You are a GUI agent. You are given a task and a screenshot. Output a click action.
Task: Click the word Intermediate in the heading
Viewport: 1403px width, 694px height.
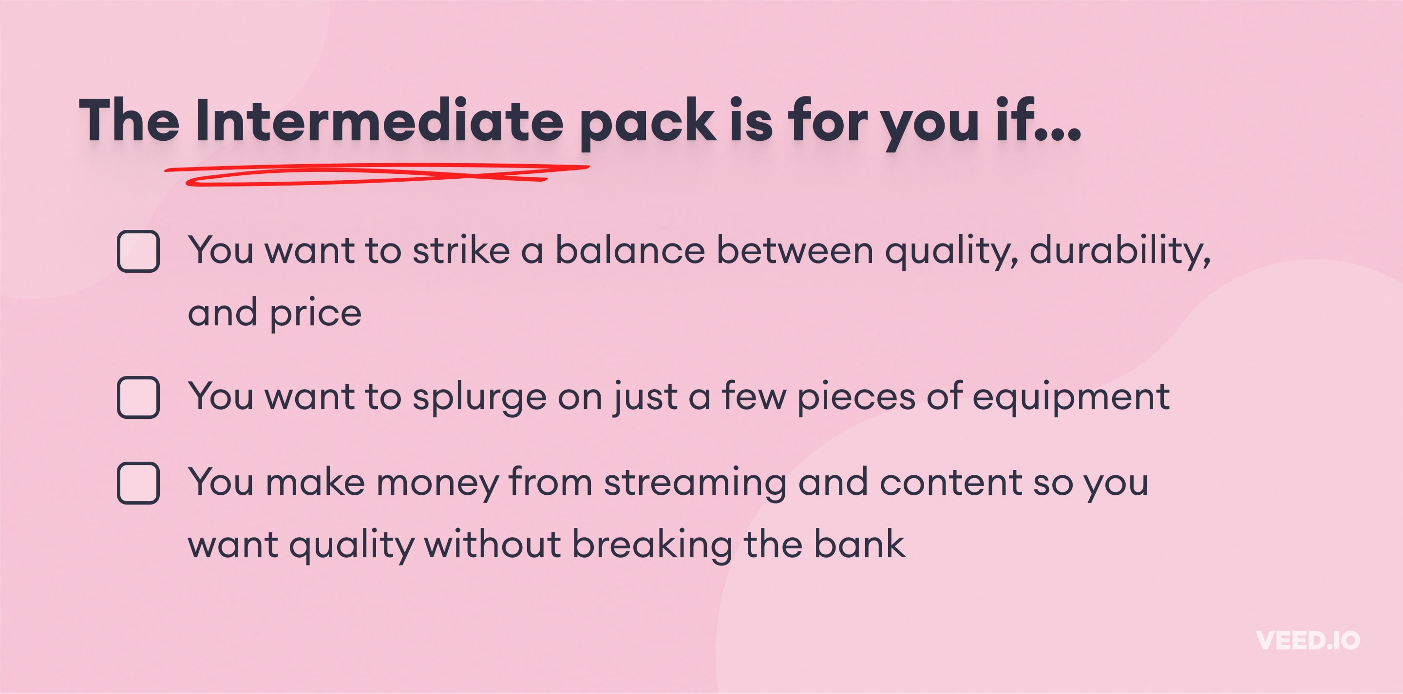[379, 120]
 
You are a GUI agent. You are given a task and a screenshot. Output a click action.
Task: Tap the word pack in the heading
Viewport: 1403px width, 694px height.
[647, 124]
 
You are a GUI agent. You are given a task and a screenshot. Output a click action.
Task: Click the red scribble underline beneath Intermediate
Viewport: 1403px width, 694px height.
[377, 174]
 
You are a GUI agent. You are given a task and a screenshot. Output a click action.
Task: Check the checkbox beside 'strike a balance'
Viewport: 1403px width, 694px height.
[138, 251]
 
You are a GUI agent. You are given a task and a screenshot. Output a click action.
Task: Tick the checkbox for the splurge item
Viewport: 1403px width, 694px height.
[138, 397]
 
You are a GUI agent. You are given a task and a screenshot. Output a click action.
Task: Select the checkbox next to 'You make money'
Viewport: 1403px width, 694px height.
[138, 483]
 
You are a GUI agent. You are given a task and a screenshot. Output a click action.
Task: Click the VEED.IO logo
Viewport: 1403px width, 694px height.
[1308, 640]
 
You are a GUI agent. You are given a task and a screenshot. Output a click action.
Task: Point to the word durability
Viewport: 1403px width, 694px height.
[1120, 252]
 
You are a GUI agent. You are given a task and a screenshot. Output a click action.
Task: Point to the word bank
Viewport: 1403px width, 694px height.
[859, 544]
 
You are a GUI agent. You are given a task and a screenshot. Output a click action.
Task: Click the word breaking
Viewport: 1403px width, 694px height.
[652, 546]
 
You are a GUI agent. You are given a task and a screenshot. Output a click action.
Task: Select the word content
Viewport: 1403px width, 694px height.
[951, 483]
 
